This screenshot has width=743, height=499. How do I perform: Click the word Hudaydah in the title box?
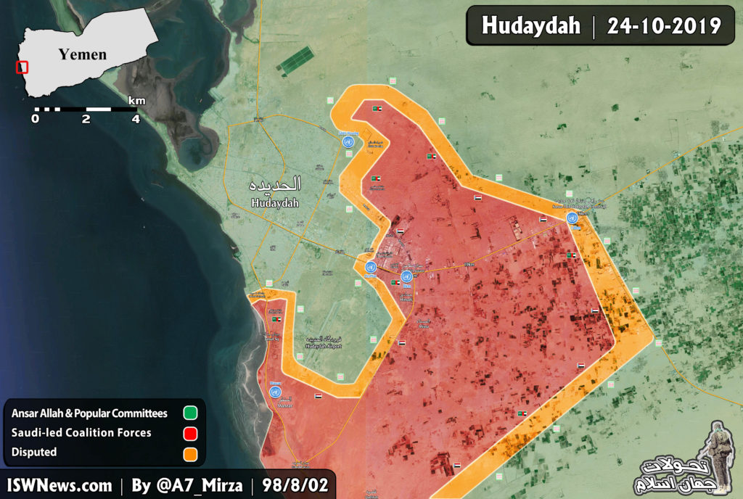pyautogui.click(x=531, y=26)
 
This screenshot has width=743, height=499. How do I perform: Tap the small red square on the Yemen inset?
pyautogui.click(x=22, y=67)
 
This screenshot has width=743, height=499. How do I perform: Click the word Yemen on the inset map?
pyautogui.click(x=83, y=54)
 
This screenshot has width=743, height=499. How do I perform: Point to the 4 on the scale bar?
pyautogui.click(x=135, y=119)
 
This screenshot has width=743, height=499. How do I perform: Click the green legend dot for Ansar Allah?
pyautogui.click(x=190, y=413)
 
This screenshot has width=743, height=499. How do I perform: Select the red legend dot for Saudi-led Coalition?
pyautogui.click(x=190, y=433)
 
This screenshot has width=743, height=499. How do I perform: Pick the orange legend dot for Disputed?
pyautogui.click(x=190, y=453)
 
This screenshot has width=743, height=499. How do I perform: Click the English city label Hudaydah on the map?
pyautogui.click(x=275, y=204)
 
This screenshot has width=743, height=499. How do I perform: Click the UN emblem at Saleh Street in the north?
pyautogui.click(x=349, y=142)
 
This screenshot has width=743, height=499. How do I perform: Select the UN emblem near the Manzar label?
pyautogui.click(x=275, y=392)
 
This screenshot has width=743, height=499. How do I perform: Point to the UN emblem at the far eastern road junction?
pyautogui.click(x=572, y=218)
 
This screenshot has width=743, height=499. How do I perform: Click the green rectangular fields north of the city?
pyautogui.click(x=295, y=61)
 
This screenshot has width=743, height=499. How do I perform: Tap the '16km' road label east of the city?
pyautogui.click(x=469, y=264)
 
